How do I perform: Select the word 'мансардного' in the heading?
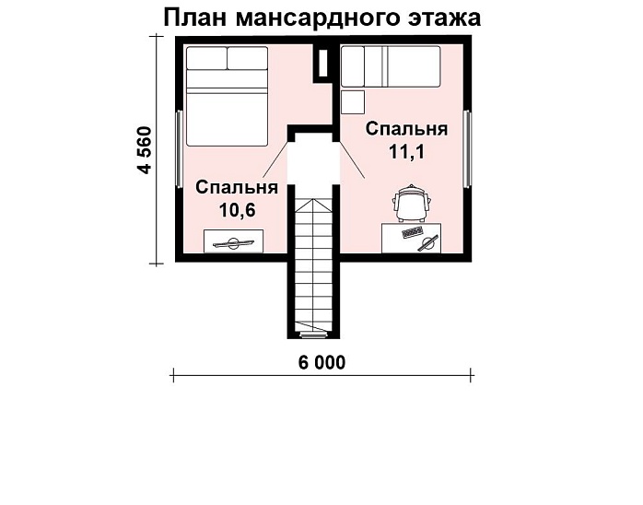[320, 18]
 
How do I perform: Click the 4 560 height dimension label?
[145, 151]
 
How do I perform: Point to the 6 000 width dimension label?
[321, 363]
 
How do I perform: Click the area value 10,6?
[237, 209]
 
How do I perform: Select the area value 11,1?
[406, 152]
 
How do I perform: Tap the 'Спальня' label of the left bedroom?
[237, 187]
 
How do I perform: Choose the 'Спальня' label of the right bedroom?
[406, 129]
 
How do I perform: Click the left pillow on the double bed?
[207, 59]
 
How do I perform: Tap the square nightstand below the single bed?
[353, 101]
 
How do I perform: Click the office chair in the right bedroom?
[411, 203]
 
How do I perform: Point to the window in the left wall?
[178, 147]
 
